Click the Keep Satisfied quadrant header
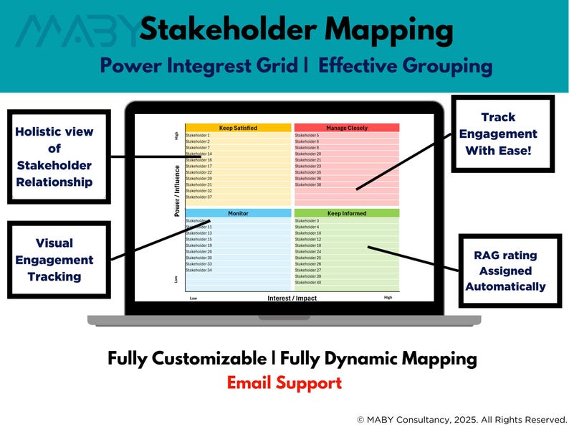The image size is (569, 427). (x=238, y=128)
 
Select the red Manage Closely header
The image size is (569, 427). (x=347, y=128)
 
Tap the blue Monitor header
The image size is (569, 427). (x=238, y=213)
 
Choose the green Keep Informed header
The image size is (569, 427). (x=347, y=213)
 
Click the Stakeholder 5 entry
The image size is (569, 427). (x=307, y=136)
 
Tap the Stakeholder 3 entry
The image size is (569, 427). (x=307, y=221)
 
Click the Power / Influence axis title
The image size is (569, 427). (x=177, y=190)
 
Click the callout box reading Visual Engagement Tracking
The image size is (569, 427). (x=55, y=260)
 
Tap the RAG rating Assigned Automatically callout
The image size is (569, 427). (x=505, y=271)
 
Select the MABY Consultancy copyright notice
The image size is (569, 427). (x=462, y=418)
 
